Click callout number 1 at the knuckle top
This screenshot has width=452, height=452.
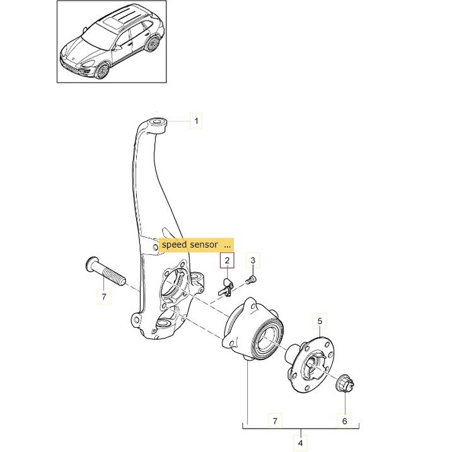[x=195, y=120]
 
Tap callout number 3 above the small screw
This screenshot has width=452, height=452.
[x=253, y=260]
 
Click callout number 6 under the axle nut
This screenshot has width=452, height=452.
[x=344, y=419]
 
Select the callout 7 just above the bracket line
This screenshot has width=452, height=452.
[x=274, y=419]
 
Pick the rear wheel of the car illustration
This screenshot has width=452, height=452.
[x=152, y=44]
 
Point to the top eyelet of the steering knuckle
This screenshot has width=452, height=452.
[x=156, y=121]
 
